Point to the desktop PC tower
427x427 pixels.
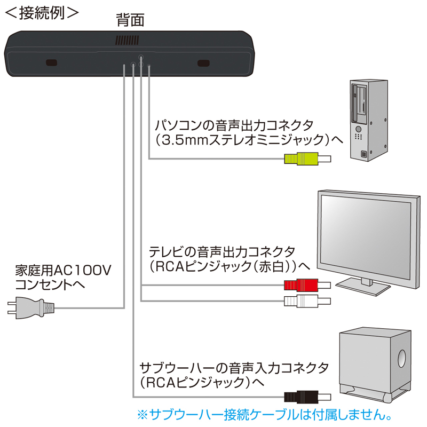pyautogui.click(x=368, y=120)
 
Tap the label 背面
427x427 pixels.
pyautogui.click(x=130, y=21)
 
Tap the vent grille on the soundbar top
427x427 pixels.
pyautogui.click(x=126, y=40)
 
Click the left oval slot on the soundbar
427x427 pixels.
pyautogui.click(x=52, y=63)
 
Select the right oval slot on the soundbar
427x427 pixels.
pyautogui.click(x=204, y=64)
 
